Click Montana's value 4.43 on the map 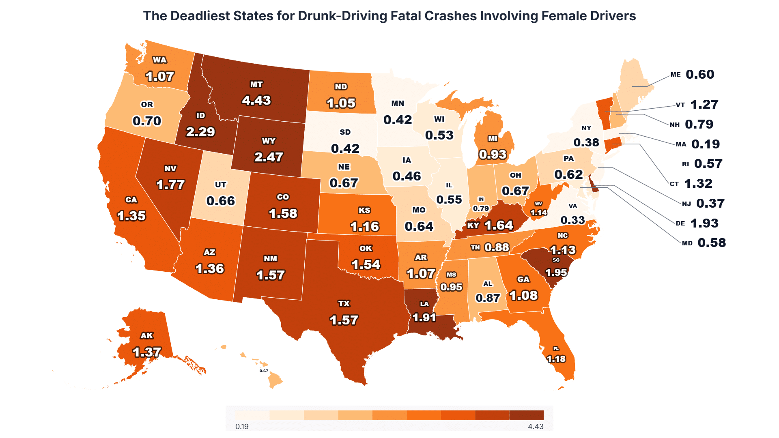[256, 100]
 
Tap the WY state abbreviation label [269, 141]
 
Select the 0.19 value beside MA [706, 144]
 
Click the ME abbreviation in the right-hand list [676, 75]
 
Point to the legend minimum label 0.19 [242, 427]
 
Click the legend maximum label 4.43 [536, 427]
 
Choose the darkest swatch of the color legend [526, 415]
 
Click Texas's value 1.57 [344, 320]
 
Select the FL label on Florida [556, 349]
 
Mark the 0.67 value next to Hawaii [264, 371]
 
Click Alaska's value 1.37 [147, 352]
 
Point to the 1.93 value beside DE [704, 223]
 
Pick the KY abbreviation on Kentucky [473, 225]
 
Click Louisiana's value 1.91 [424, 317]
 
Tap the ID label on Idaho [200, 116]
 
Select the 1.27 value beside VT [704, 105]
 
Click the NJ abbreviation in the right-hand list [686, 204]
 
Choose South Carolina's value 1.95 [556, 273]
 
